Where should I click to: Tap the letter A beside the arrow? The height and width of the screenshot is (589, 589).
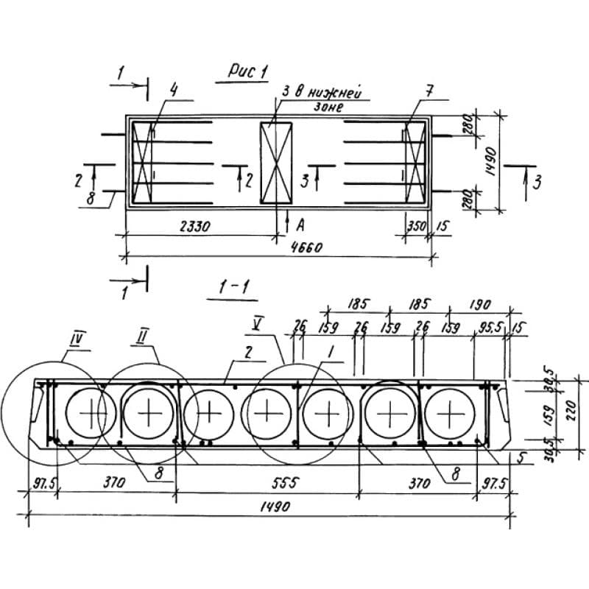pyautogui.click(x=300, y=220)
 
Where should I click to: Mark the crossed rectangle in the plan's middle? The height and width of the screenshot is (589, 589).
pyautogui.click(x=276, y=162)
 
